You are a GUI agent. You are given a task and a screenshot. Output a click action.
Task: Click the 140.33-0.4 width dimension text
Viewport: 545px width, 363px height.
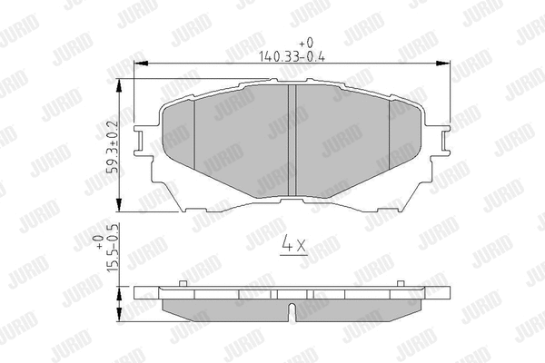pos(292,56)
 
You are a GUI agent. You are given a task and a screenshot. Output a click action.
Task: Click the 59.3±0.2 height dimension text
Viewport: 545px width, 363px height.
pos(114,147)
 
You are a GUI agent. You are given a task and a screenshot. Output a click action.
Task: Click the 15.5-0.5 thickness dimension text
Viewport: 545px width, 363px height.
pos(114,249)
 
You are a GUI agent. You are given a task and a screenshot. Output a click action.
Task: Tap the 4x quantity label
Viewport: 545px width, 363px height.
pos(294,243)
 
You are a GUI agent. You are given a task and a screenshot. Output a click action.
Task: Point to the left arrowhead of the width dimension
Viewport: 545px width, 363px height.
pos(141,64)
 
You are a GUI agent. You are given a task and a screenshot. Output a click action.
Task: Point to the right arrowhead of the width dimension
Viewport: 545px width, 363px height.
pos(443,64)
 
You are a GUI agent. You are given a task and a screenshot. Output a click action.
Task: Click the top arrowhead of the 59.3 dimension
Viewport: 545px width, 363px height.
pos(119,86)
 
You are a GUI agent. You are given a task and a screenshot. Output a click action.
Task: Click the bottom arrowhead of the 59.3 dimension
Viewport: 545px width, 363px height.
pos(119,204)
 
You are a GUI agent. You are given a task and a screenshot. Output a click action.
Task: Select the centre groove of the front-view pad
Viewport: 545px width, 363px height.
pos(292,141)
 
